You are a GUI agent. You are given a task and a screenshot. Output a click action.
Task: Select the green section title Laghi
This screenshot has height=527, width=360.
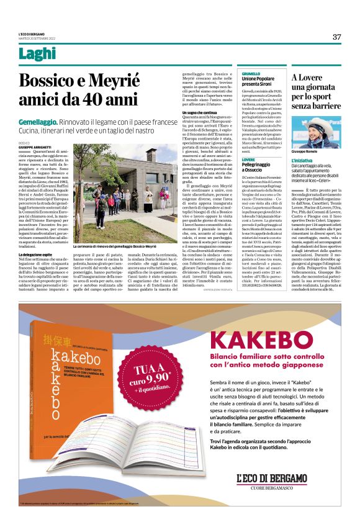[37, 55]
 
